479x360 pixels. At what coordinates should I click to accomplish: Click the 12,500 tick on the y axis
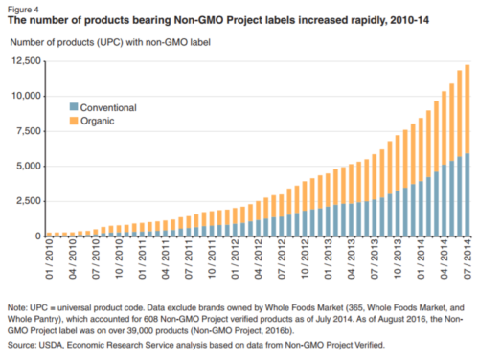[x=27, y=61]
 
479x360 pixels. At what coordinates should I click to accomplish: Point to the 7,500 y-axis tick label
[x=29, y=131]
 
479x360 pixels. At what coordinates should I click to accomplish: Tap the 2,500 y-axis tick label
[x=29, y=201]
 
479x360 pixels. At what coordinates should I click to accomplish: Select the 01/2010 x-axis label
[x=50, y=259]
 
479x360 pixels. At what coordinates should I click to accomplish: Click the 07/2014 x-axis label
[x=468, y=259]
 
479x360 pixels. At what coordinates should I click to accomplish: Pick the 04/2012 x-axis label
[x=259, y=259]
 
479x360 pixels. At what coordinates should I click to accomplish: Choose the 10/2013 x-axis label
[x=398, y=259]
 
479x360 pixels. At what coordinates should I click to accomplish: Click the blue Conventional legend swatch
[x=74, y=106]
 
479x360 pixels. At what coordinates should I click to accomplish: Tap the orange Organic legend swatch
[x=74, y=121]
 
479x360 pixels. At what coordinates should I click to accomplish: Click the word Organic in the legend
[x=98, y=121]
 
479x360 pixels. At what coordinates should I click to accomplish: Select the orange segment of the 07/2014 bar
[x=468, y=109]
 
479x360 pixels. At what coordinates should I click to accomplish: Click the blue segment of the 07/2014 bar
[x=468, y=194]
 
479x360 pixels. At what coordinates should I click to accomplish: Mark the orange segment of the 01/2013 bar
[x=328, y=191]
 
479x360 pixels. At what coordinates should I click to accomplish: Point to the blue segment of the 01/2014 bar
[x=421, y=209]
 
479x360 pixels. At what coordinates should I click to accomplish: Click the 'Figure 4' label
[x=23, y=10]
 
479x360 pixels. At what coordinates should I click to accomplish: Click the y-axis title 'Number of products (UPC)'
[x=67, y=42]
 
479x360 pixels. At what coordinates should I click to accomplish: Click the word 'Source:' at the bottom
[x=22, y=345]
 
